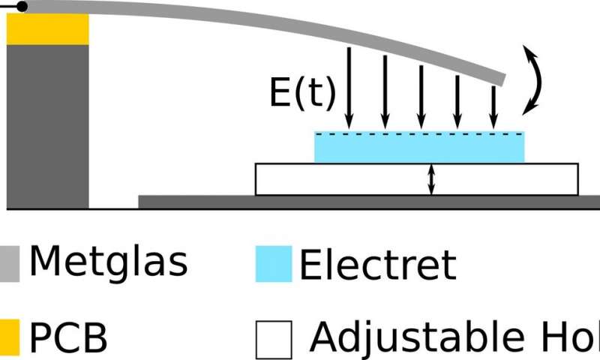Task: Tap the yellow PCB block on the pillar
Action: pyautogui.click(x=48, y=30)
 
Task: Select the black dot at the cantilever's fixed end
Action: pyautogui.click(x=22, y=7)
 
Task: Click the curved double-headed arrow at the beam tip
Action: pyautogui.click(x=534, y=79)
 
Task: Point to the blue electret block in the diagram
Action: pyautogui.click(x=418, y=147)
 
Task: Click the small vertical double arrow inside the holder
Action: pyautogui.click(x=431, y=179)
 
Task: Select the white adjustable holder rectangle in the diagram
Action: pyautogui.click(x=345, y=179)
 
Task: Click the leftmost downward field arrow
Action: pyautogui.click(x=349, y=86)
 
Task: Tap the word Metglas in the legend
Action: pyautogui.click(x=108, y=262)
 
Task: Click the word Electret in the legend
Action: pyautogui.click(x=377, y=264)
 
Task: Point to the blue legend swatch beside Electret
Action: pyautogui.click(x=273, y=264)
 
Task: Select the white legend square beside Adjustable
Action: pyautogui.click(x=273, y=340)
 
